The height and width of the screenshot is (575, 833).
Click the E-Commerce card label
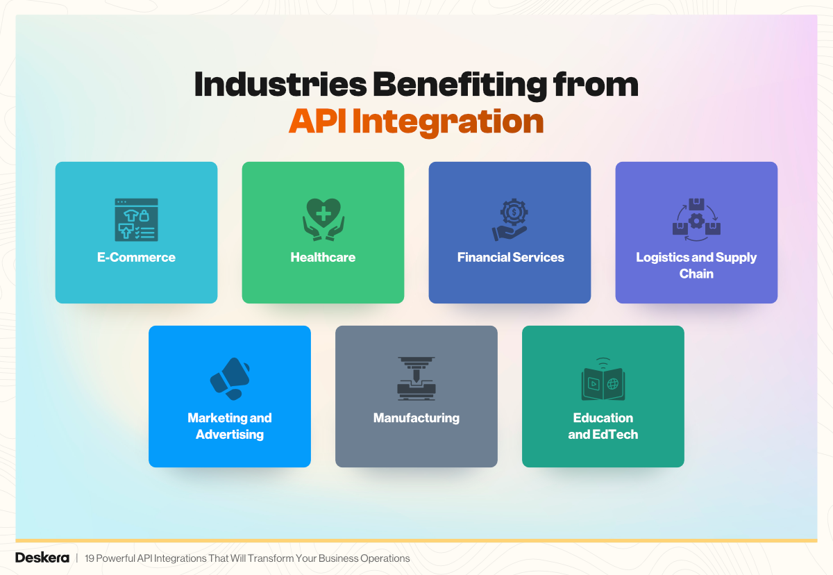tap(136, 258)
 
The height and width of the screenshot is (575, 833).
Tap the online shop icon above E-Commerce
tap(136, 219)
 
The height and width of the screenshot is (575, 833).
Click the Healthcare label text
tap(323, 258)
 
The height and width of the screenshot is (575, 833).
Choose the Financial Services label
tap(510, 258)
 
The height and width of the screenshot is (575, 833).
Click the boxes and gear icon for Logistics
tap(696, 217)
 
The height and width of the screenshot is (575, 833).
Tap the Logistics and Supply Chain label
tap(696, 265)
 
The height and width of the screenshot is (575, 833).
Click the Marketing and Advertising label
tap(229, 426)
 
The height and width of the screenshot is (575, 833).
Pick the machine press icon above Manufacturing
tap(416, 378)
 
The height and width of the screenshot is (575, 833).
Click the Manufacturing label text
tap(416, 418)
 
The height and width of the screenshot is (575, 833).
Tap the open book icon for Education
tap(603, 380)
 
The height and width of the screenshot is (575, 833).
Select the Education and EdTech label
tap(603, 426)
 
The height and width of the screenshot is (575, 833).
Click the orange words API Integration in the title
tap(416, 122)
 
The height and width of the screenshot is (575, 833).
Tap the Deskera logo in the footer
tap(42, 558)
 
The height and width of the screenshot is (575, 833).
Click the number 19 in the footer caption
tap(90, 558)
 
